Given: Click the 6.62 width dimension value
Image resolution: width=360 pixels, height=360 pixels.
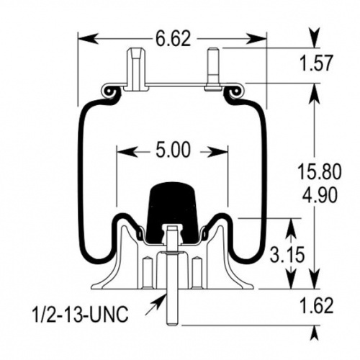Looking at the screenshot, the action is [x=174, y=39].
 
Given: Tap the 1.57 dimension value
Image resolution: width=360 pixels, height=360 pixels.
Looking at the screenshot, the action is [x=317, y=63].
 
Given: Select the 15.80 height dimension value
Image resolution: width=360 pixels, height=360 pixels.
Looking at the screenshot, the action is [x=319, y=172].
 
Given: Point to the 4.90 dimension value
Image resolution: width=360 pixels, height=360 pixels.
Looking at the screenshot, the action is [x=320, y=194].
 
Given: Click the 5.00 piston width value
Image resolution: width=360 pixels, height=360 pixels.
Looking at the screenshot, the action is [x=173, y=150].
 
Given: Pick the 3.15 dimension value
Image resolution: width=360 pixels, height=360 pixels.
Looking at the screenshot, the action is [x=287, y=254].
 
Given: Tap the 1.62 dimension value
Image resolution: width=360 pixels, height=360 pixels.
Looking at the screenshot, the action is [x=317, y=306].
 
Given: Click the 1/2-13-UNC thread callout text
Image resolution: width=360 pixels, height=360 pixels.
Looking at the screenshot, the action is [x=80, y=314].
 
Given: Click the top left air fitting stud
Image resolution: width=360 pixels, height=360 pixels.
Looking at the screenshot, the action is [x=137, y=69].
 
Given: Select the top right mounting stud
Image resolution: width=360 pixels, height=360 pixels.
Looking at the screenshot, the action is [x=213, y=70].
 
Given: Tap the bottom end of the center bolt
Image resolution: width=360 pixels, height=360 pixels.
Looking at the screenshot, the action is [x=172, y=325].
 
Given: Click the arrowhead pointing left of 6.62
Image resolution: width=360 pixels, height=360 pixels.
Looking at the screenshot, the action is [x=88, y=39].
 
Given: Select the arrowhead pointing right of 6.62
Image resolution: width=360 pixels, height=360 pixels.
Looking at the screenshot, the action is [x=256, y=39].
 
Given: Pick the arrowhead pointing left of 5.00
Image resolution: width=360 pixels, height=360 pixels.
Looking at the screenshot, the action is [x=127, y=152].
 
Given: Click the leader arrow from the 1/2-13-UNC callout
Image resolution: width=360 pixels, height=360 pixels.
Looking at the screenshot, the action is [x=156, y=305].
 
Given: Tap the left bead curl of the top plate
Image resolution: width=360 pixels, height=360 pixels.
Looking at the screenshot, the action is [x=109, y=91].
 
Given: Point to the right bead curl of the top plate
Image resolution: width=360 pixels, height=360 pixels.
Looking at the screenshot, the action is [x=235, y=91].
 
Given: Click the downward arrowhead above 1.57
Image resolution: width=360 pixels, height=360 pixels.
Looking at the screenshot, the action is [x=316, y=37].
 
